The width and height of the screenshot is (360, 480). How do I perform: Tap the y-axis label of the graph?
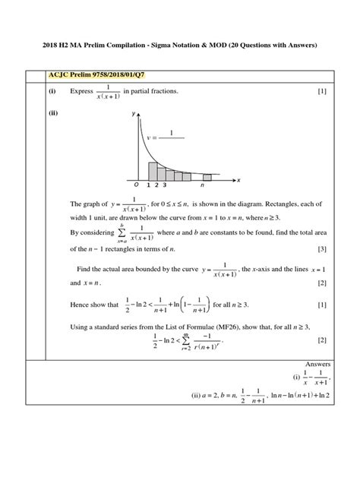pos(134,113)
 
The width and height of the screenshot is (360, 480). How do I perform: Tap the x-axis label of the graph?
pos(238,180)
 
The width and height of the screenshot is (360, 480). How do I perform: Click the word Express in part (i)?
pos(82,92)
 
